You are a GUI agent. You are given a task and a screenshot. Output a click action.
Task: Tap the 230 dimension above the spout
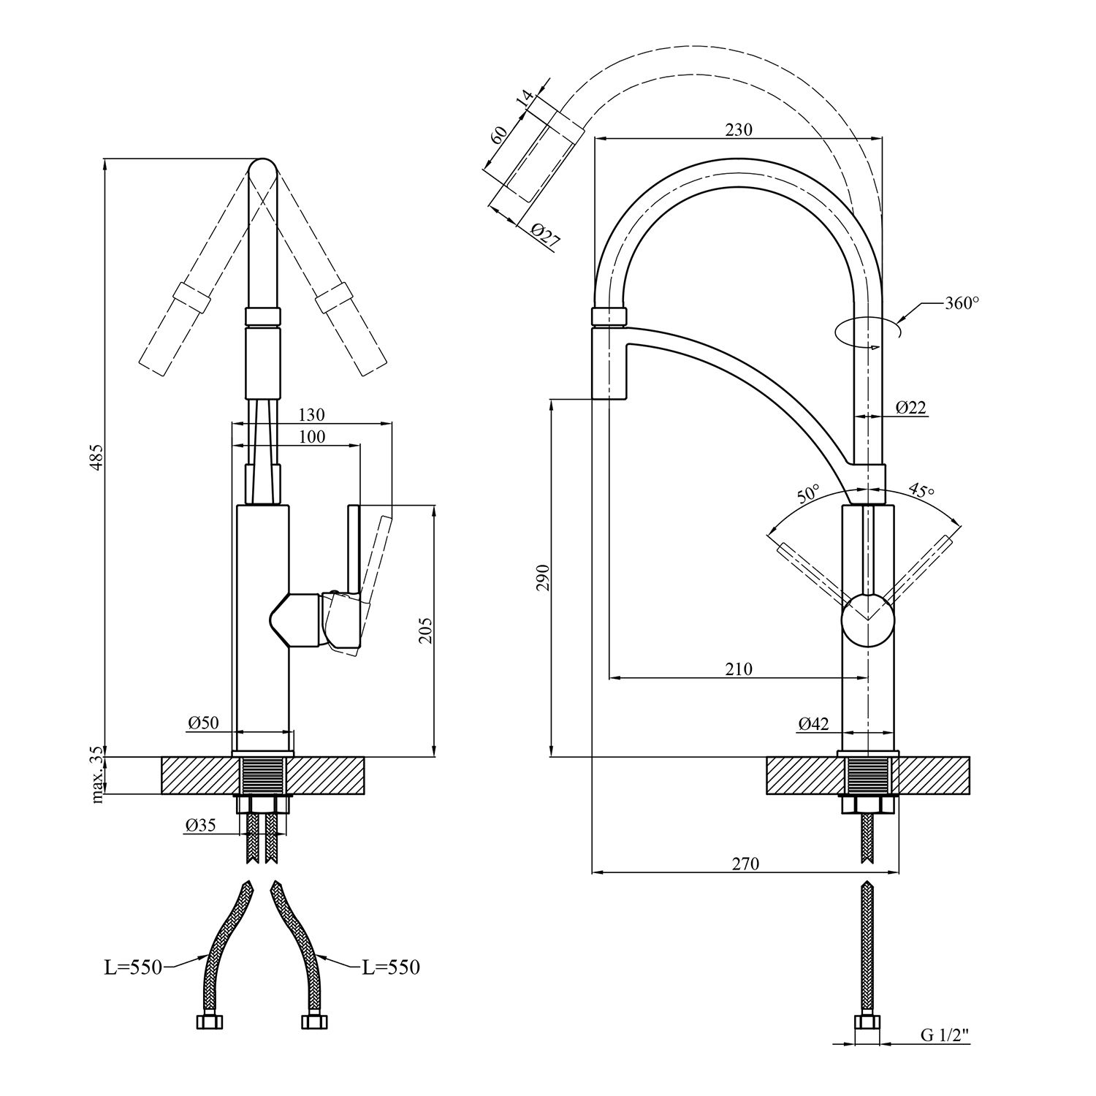coord(738,130)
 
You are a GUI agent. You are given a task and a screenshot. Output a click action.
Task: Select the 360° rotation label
coord(961,303)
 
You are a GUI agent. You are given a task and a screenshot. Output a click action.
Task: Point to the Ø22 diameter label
coord(910,407)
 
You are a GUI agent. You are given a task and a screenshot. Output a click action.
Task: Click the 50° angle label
coord(808,495)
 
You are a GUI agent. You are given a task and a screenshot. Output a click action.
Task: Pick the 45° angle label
coord(921,490)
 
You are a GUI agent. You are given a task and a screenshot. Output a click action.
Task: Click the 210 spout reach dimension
coord(739,669)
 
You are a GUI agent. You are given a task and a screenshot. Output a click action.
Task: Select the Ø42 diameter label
coord(813,724)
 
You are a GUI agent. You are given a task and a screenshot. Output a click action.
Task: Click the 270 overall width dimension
coord(745,864)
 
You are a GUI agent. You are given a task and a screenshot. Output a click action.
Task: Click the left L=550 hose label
coord(132,967)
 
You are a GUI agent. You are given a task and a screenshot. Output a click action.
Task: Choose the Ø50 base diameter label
coord(202,723)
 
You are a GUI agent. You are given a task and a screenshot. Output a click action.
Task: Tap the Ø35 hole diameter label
coord(200,826)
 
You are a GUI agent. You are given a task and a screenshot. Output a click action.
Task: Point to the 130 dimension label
coord(311,414)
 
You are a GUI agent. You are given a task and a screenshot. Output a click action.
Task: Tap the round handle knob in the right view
coord(867,620)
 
